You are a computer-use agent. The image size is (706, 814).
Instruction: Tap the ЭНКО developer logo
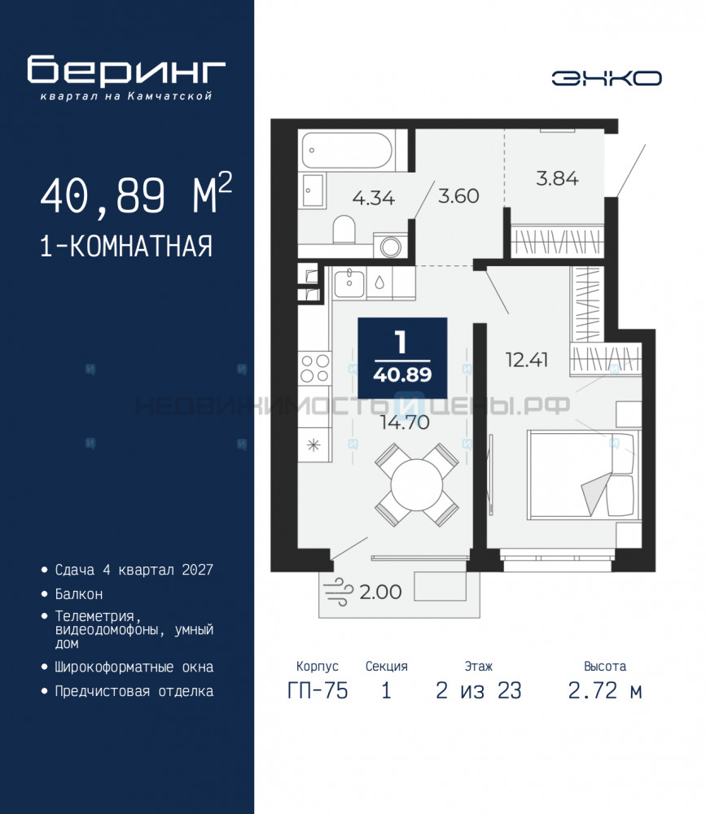(x=607, y=78)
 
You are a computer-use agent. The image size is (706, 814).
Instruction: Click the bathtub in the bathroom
(x=347, y=151)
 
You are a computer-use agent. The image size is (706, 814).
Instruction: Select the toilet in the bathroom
(x=344, y=230)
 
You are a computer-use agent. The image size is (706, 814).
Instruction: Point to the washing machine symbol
(x=391, y=246)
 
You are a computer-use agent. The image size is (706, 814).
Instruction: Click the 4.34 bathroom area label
(x=374, y=198)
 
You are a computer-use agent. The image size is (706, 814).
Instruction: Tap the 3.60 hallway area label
(x=458, y=195)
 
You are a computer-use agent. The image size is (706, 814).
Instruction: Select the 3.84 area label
(x=557, y=178)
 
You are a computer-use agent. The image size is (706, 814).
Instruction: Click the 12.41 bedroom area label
(x=527, y=359)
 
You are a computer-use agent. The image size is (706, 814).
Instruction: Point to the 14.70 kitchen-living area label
(x=405, y=422)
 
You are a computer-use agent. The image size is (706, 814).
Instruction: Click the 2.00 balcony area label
(x=380, y=592)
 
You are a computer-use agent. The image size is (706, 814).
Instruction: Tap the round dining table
(x=417, y=485)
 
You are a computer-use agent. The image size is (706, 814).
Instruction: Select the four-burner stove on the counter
(x=314, y=368)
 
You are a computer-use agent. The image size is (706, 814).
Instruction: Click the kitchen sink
(x=349, y=283)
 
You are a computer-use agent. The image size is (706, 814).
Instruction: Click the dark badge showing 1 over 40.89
(x=402, y=357)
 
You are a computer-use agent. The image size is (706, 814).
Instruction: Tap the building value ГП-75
(x=318, y=690)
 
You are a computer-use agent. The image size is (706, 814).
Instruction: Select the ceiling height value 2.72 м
(x=605, y=690)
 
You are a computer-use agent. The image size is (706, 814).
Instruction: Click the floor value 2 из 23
(x=479, y=690)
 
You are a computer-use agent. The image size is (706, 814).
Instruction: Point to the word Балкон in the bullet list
(x=79, y=594)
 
